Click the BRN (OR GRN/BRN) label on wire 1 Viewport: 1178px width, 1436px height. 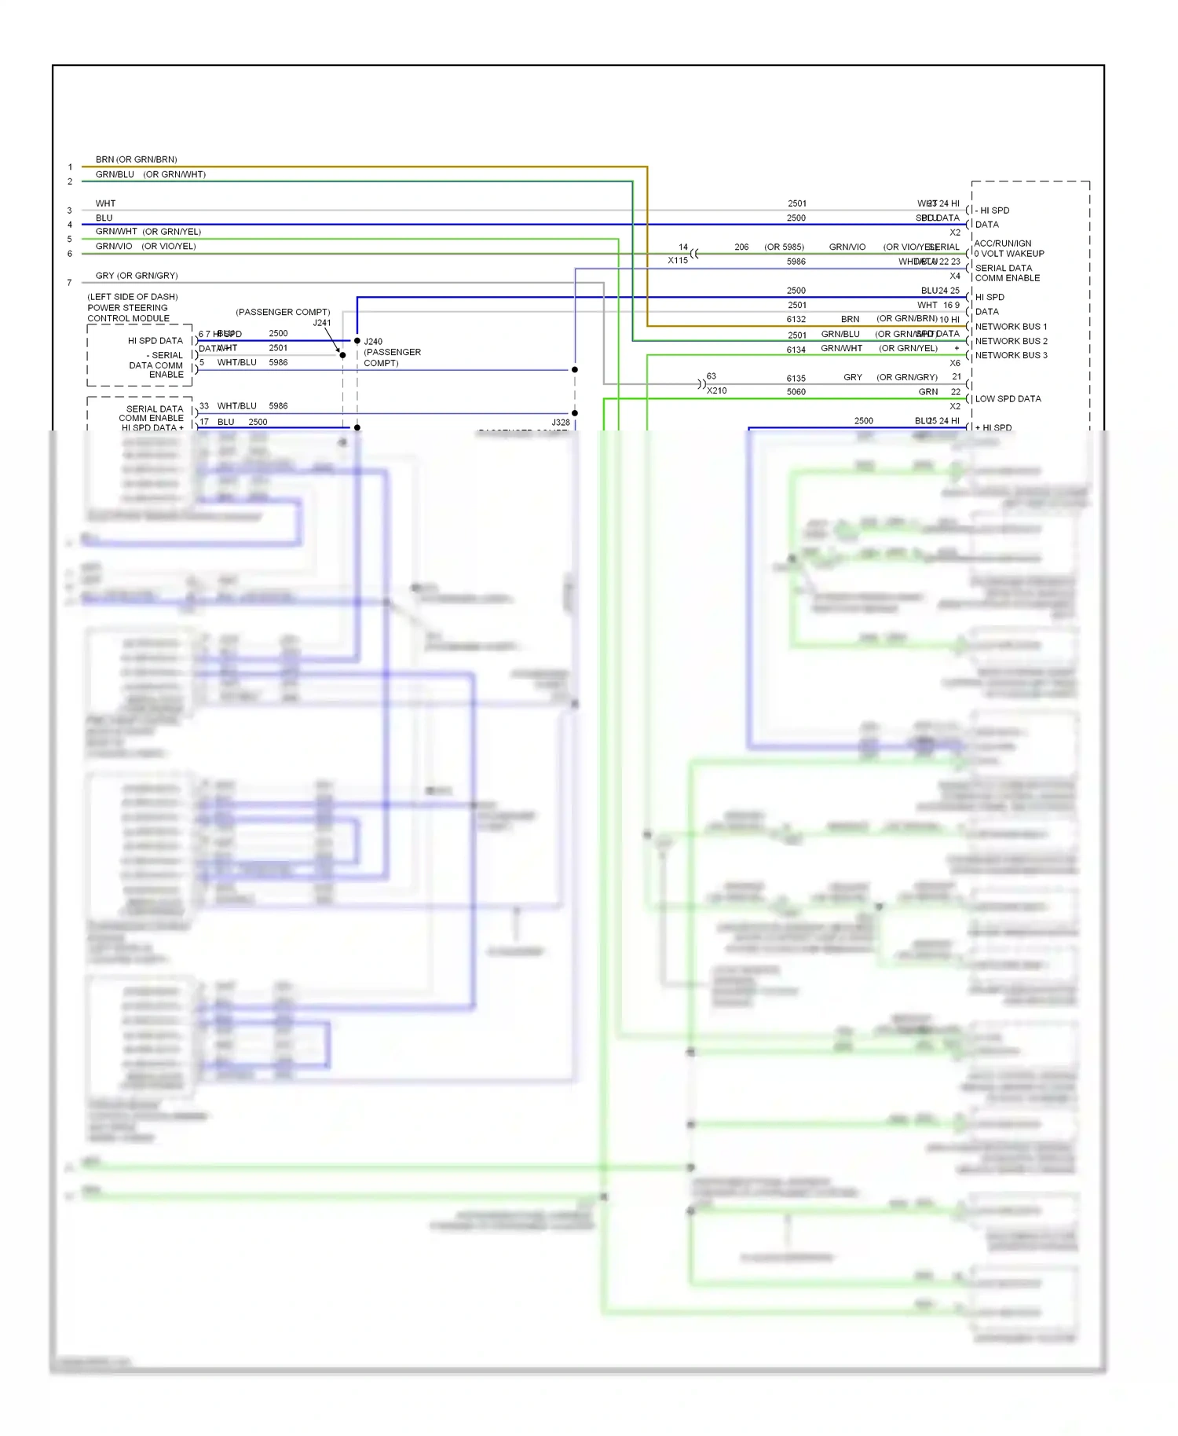pyautogui.click(x=136, y=159)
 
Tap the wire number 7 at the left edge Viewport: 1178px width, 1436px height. pyautogui.click(x=70, y=283)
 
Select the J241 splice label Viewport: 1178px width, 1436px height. pyautogui.click(x=322, y=323)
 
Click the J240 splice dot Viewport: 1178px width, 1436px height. pyautogui.click(x=357, y=341)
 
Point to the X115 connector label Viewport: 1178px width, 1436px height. pyautogui.click(x=677, y=261)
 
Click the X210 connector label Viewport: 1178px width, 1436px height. pyautogui.click(x=716, y=391)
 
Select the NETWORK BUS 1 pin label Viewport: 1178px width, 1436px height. pyautogui.click(x=1011, y=327)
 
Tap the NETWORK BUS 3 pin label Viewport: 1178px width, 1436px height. pyautogui.click(x=1011, y=356)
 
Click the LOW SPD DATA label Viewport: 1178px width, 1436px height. pyautogui.click(x=1008, y=399)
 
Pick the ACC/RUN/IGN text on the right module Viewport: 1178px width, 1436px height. pyautogui.click(x=1002, y=244)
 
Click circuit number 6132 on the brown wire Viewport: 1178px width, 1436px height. pyautogui.click(x=796, y=320)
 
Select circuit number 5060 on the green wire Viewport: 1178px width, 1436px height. pyautogui.click(x=796, y=392)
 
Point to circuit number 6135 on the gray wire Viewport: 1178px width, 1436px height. pyautogui.click(x=796, y=379)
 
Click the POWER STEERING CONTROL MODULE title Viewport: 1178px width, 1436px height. pyautogui.click(x=127, y=313)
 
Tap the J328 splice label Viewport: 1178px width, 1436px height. pyautogui.click(x=560, y=423)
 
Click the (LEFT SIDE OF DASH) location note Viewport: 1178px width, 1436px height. pyautogui.click(x=132, y=297)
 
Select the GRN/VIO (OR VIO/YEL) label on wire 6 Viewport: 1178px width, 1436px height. pyautogui.click(x=145, y=247)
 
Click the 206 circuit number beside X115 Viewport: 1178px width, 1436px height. pyautogui.click(x=741, y=247)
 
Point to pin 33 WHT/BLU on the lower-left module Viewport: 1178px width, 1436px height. pyautogui.click(x=228, y=406)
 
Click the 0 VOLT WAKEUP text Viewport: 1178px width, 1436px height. pyautogui.click(x=1008, y=254)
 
